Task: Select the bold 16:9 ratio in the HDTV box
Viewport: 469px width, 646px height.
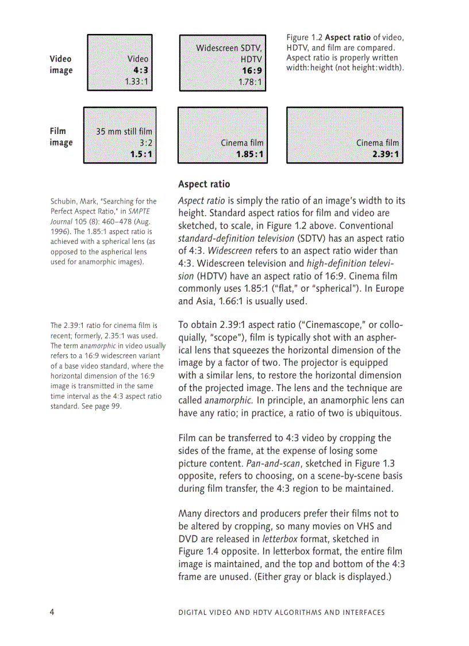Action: click(x=252, y=71)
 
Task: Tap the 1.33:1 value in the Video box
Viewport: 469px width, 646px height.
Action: click(x=137, y=82)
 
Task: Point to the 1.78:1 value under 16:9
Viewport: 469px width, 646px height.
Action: click(x=251, y=82)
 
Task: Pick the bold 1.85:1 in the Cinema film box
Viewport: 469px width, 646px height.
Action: click(x=250, y=154)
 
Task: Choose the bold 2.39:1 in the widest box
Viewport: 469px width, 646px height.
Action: click(x=385, y=154)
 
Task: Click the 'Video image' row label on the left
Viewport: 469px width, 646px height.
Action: click(x=61, y=64)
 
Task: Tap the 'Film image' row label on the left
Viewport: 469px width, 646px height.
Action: click(x=61, y=137)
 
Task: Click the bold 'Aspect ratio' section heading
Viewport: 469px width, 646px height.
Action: click(x=204, y=185)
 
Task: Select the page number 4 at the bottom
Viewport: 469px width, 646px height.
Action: click(x=52, y=612)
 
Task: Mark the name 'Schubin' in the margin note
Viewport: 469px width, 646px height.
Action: click(x=66, y=201)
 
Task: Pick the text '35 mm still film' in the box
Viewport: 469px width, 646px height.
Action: click(x=124, y=132)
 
